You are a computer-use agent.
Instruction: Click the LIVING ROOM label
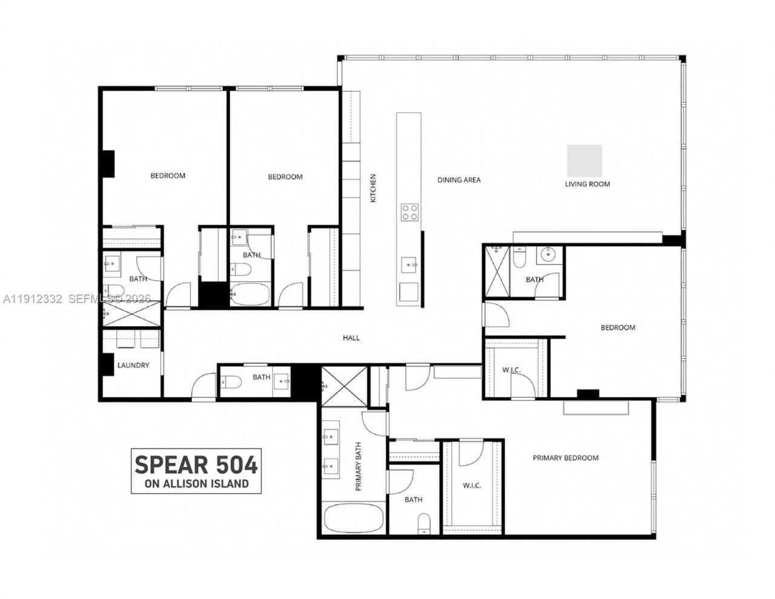587,184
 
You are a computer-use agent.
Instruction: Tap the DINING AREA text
459,179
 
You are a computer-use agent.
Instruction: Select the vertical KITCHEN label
374,188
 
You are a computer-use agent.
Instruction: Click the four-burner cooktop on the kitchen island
410,212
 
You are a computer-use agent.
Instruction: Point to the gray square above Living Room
584,159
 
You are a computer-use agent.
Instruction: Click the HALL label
351,337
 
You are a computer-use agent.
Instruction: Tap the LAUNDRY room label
133,365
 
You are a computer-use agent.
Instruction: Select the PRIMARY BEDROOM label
566,458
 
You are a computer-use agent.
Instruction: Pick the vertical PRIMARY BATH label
358,466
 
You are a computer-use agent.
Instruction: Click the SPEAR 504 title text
196,465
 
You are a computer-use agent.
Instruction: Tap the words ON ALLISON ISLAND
197,483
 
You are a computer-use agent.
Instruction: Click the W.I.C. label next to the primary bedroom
472,485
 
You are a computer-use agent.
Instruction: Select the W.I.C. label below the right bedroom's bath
512,370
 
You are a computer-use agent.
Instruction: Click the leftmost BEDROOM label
168,176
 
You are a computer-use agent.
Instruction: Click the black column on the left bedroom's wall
108,164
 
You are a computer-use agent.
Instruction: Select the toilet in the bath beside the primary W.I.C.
424,523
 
